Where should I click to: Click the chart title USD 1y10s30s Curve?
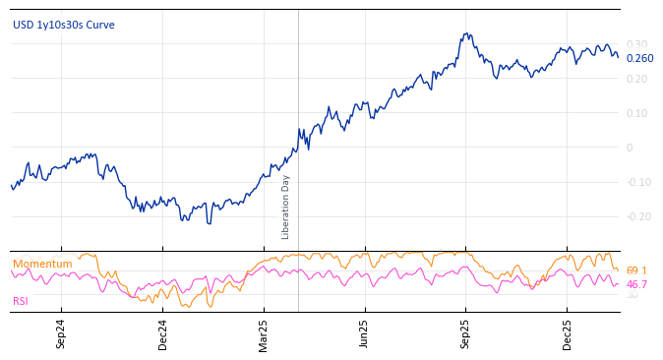coord(63,25)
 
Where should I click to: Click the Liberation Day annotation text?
coord(286,207)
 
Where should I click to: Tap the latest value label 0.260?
coord(639,58)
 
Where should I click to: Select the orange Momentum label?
coord(42,264)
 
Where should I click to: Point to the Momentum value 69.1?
coord(636,270)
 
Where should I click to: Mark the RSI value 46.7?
coord(636,284)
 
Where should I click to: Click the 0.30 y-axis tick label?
coord(636,44)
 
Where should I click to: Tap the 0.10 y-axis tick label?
coord(636,113)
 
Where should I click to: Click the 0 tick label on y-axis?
coord(630,148)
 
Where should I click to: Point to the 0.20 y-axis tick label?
coord(636,79)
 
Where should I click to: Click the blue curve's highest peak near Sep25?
coord(467,34)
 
